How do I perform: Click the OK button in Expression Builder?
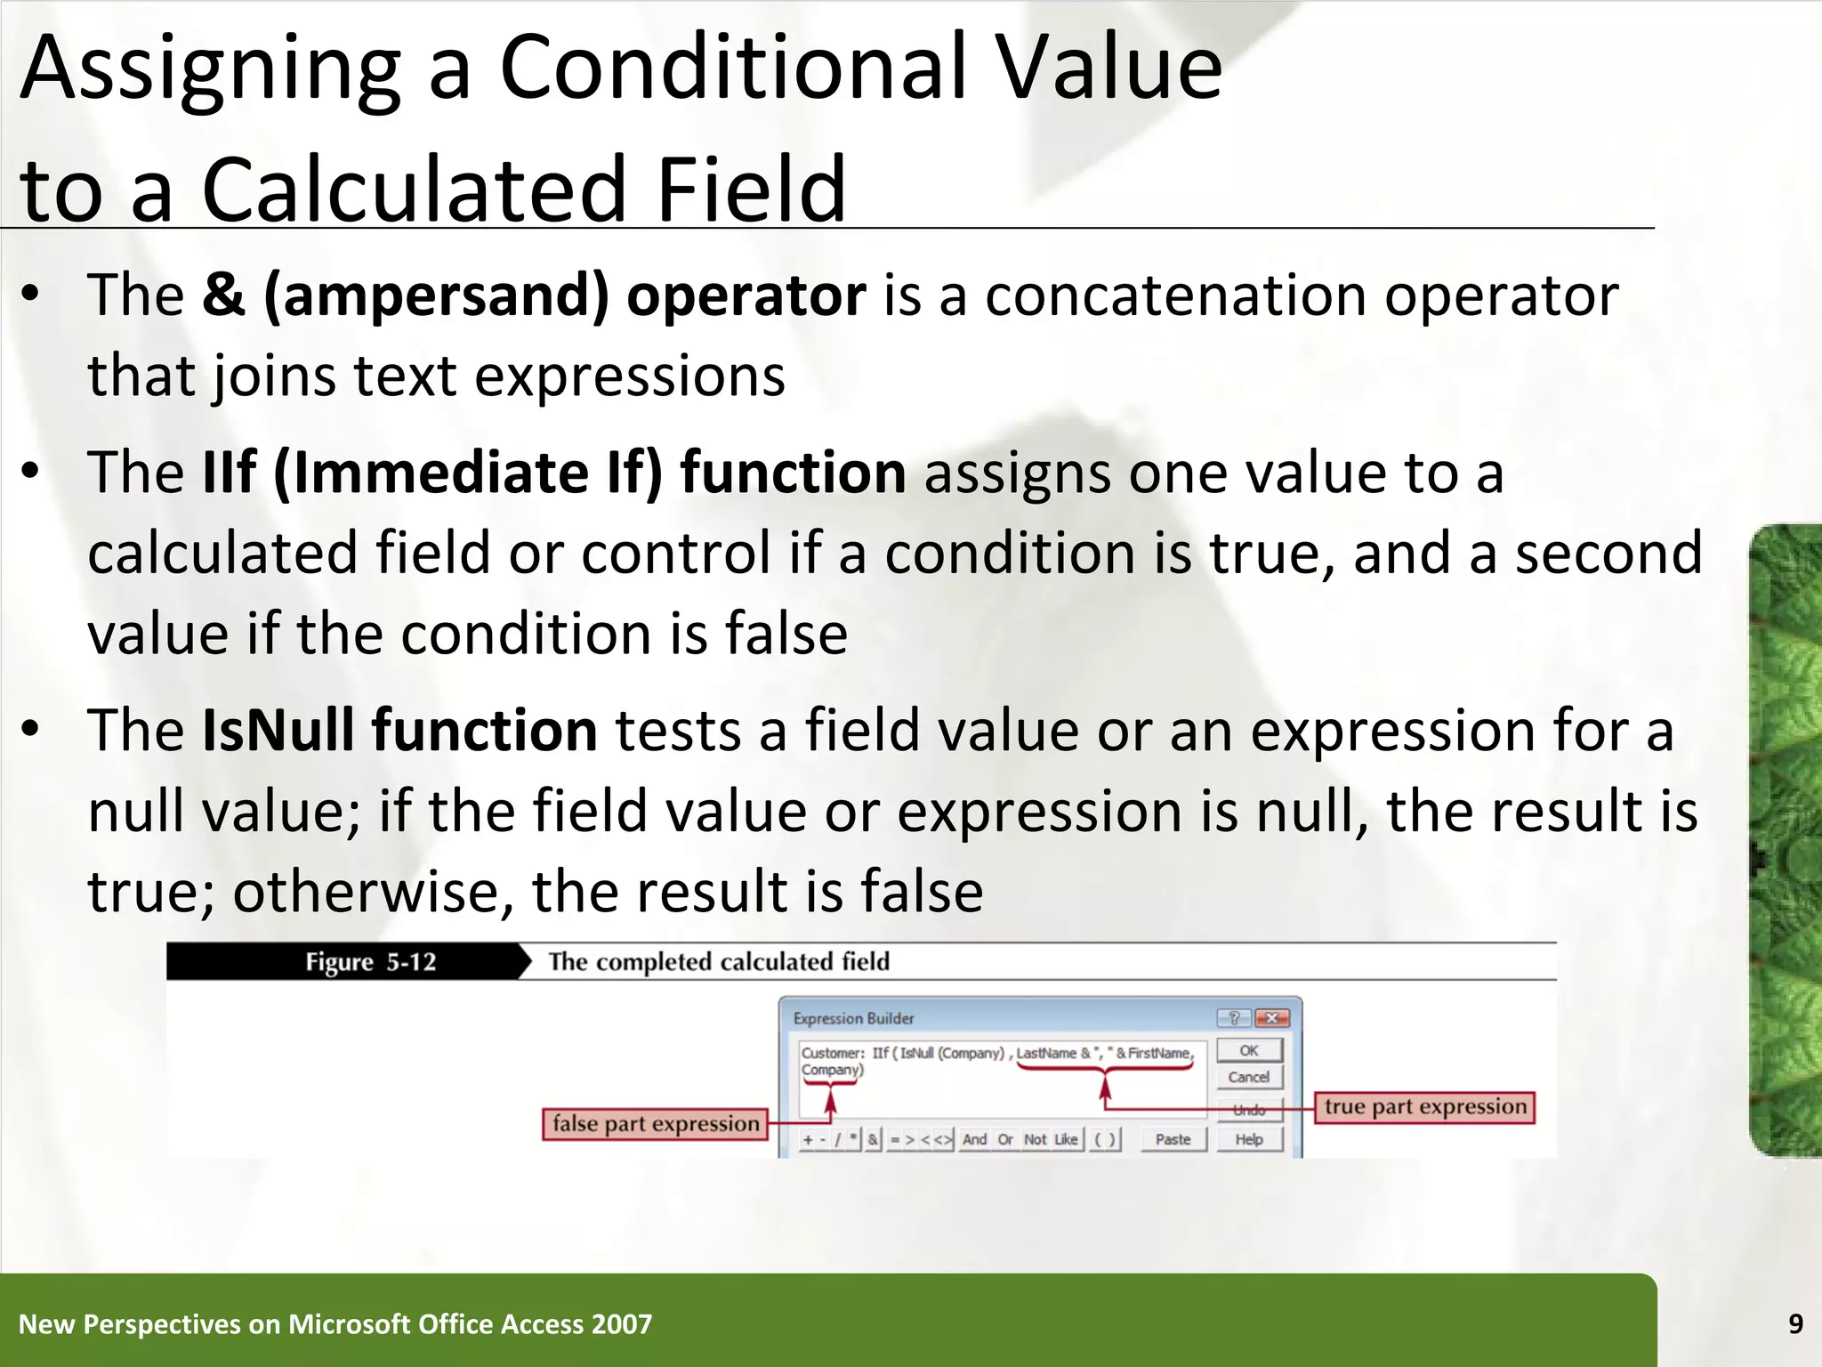(1249, 1050)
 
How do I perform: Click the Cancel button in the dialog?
(1249, 1077)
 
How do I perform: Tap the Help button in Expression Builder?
(1249, 1139)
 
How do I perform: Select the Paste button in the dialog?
(1173, 1139)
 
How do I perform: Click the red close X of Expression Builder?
(1272, 1018)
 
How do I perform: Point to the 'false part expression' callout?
(656, 1124)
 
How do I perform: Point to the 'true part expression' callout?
(1424, 1107)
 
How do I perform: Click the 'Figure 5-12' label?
(371, 962)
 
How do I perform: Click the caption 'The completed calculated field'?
(719, 962)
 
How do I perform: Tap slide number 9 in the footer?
(1795, 1324)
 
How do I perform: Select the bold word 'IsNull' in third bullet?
(278, 731)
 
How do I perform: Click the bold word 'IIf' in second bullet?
(230, 473)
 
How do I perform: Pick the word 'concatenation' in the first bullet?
(1175, 295)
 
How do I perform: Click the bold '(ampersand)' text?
(436, 295)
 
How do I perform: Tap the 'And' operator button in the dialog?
(974, 1139)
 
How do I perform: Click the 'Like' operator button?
(1066, 1139)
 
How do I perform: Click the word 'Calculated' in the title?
(415, 189)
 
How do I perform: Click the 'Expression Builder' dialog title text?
(853, 1018)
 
